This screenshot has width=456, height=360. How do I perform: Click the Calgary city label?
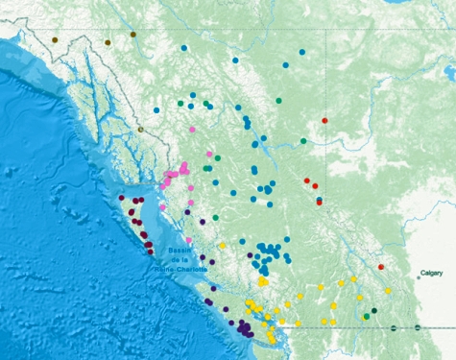click(431, 274)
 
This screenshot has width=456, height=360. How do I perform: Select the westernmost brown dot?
click(55, 39)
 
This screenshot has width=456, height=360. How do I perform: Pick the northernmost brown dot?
click(132, 35)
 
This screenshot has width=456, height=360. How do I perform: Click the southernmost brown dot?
click(140, 129)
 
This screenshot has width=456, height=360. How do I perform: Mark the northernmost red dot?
click(324, 120)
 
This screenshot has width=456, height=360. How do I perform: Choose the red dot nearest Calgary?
click(381, 267)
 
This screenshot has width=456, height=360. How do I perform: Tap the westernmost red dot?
click(306, 180)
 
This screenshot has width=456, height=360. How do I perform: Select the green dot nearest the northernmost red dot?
click(303, 140)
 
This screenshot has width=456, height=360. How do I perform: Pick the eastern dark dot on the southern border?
click(418, 328)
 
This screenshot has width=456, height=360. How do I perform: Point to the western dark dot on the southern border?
click(394, 328)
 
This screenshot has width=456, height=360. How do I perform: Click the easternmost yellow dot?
click(388, 290)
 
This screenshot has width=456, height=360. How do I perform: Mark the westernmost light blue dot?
click(156, 109)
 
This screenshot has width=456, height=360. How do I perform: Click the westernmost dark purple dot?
click(121, 199)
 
